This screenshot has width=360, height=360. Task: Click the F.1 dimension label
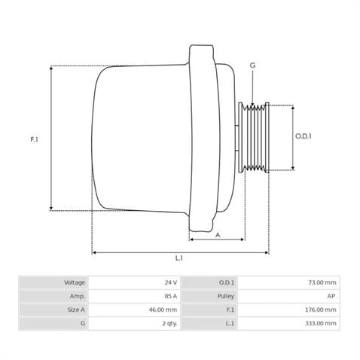(x=35, y=139)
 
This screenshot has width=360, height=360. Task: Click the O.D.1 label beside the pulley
(x=303, y=136)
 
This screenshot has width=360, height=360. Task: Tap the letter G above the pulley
(x=252, y=66)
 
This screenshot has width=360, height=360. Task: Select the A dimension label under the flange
(x=217, y=234)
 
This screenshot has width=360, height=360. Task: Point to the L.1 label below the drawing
(x=179, y=258)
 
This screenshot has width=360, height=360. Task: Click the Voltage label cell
(x=74, y=282)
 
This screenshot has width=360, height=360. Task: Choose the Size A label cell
(x=75, y=310)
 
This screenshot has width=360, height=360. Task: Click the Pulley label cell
(x=225, y=296)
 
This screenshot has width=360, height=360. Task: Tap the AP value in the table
(x=331, y=296)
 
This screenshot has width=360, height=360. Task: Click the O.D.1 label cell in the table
(x=227, y=282)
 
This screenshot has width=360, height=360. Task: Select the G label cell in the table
(x=82, y=323)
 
